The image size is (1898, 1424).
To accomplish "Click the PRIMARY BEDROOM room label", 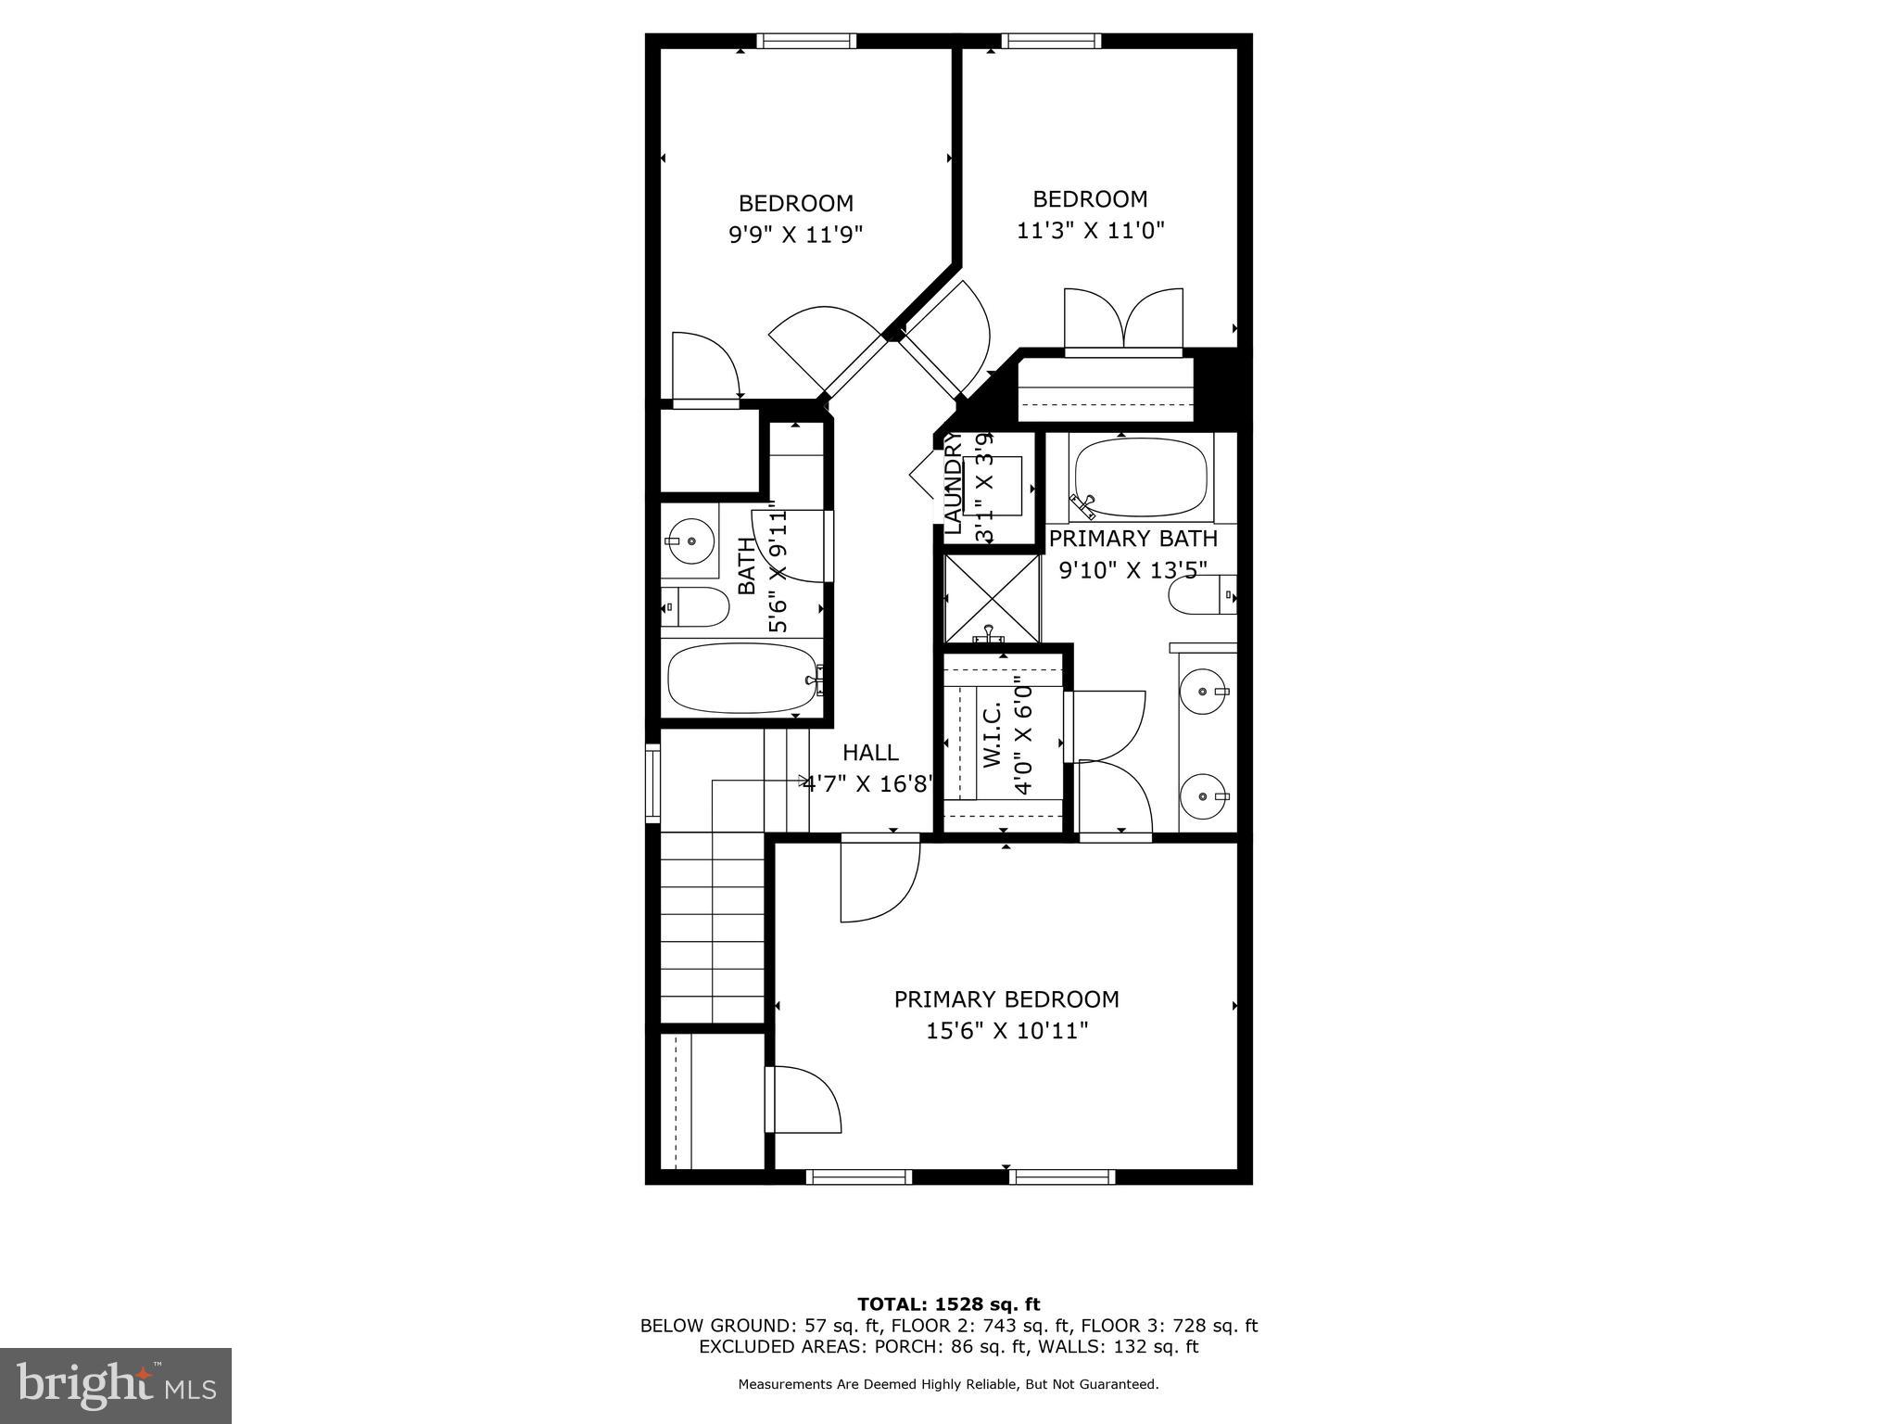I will coord(1006,999).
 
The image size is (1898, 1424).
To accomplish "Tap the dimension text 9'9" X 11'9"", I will coord(795,235).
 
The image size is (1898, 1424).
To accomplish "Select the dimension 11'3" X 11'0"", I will coord(1090,231).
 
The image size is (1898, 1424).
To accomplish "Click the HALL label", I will coord(870,753).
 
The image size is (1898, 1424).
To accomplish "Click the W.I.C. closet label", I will coord(992,734).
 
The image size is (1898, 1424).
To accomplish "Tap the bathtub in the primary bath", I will coord(1141,477).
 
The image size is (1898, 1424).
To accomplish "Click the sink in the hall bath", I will coord(690,539).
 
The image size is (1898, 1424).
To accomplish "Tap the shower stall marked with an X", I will coord(991,598).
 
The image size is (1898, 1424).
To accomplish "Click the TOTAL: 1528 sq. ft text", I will coord(948,1304).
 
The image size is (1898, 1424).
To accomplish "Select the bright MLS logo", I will coord(116,1385).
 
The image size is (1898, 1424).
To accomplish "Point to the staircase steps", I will coord(711,927).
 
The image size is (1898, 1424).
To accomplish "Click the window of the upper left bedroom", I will coord(805,41).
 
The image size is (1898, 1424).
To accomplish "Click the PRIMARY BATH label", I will coord(1132,539).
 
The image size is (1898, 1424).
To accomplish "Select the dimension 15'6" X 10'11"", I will coord(1006,1031).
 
